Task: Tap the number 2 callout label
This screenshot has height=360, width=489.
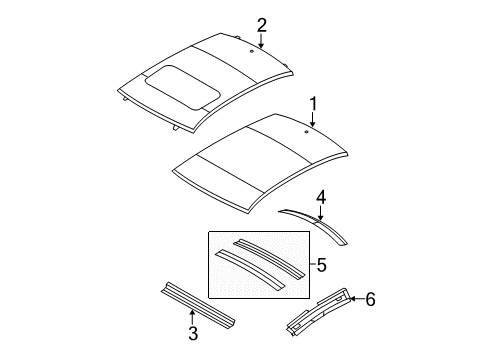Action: pos(261,25)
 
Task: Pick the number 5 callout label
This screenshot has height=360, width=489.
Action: pos(321,267)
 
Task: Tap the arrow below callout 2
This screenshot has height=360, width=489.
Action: pos(261,42)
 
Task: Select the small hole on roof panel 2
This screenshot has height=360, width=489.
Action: pos(249,48)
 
